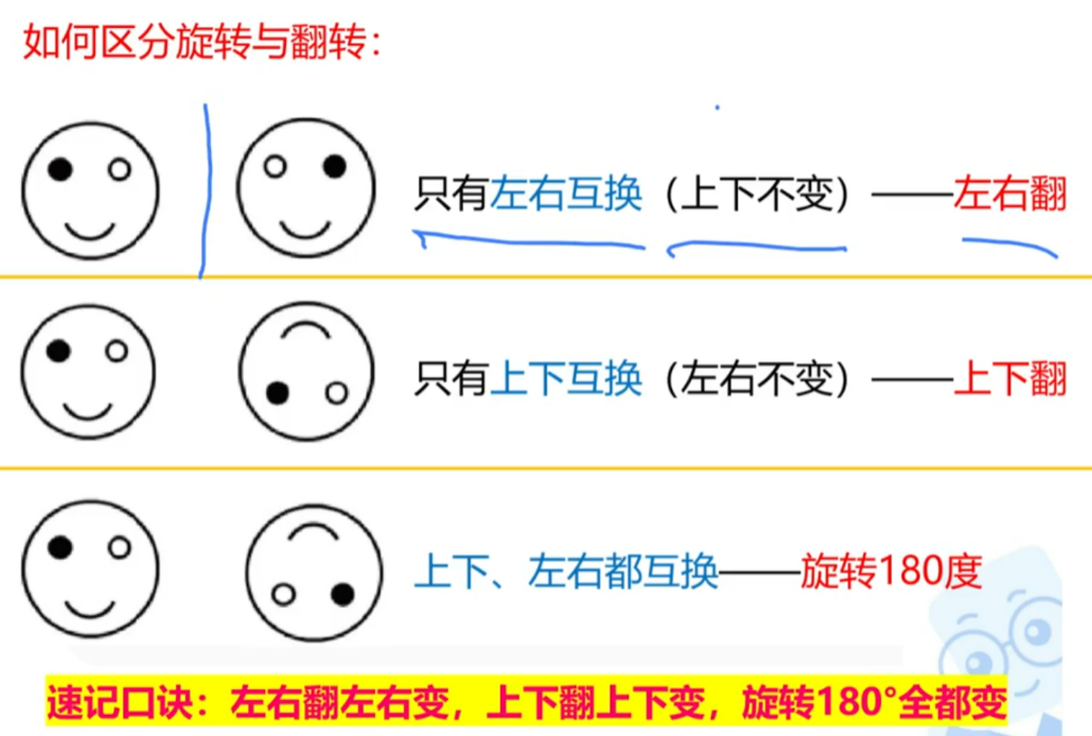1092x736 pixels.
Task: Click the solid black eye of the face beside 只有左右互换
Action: pyautogui.click(x=334, y=166)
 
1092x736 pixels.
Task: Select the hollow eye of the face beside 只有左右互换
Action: pyautogui.click(x=275, y=167)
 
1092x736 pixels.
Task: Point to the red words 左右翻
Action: pyautogui.click(x=1010, y=193)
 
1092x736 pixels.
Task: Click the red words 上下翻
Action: pyautogui.click(x=1010, y=378)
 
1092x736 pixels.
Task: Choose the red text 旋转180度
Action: pyautogui.click(x=891, y=571)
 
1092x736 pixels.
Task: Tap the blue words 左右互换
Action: pyautogui.click(x=566, y=193)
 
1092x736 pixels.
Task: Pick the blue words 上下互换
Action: pyautogui.click(x=566, y=378)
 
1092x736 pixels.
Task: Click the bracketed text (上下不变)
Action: pyautogui.click(x=757, y=193)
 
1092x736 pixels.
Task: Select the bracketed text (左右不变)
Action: pyautogui.click(x=757, y=378)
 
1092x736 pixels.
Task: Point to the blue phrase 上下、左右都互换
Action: pyautogui.click(x=566, y=571)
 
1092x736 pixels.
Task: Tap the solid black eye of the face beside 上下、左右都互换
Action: pyautogui.click(x=343, y=594)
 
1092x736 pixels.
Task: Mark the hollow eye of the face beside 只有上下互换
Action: pyautogui.click(x=336, y=393)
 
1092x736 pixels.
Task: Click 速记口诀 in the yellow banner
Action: pyautogui.click(x=120, y=702)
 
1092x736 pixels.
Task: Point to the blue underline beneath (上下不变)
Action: pyautogui.click(x=757, y=247)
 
